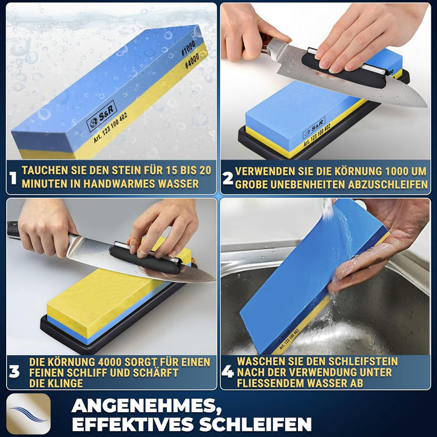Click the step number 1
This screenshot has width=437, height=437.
click(x=13, y=178)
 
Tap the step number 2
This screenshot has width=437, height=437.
click(x=228, y=178)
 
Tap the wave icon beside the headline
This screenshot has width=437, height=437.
click(x=29, y=413)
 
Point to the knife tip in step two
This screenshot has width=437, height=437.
click(x=425, y=104)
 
